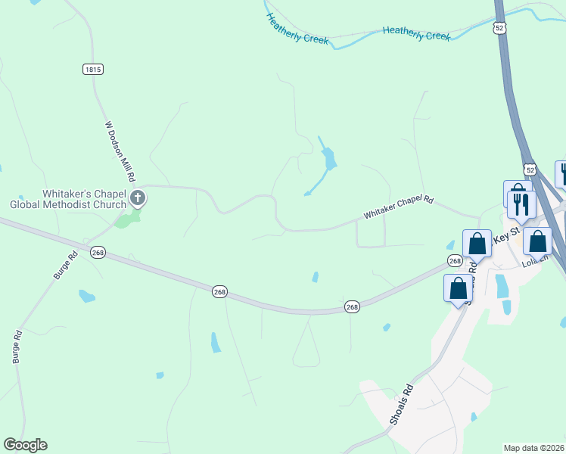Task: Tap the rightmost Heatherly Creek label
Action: tap(416, 33)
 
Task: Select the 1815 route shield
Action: tap(92, 69)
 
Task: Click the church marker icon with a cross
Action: tap(137, 199)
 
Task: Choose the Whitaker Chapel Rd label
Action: tap(399, 207)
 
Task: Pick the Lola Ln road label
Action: tap(533, 263)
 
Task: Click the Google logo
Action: tap(25, 445)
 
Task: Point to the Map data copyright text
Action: tap(534, 448)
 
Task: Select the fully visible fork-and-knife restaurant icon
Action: tap(521, 204)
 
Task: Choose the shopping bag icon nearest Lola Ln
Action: tap(537, 241)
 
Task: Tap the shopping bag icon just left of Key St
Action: tap(477, 244)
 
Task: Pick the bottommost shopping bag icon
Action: tap(458, 288)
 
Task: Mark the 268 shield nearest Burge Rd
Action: tap(97, 253)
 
